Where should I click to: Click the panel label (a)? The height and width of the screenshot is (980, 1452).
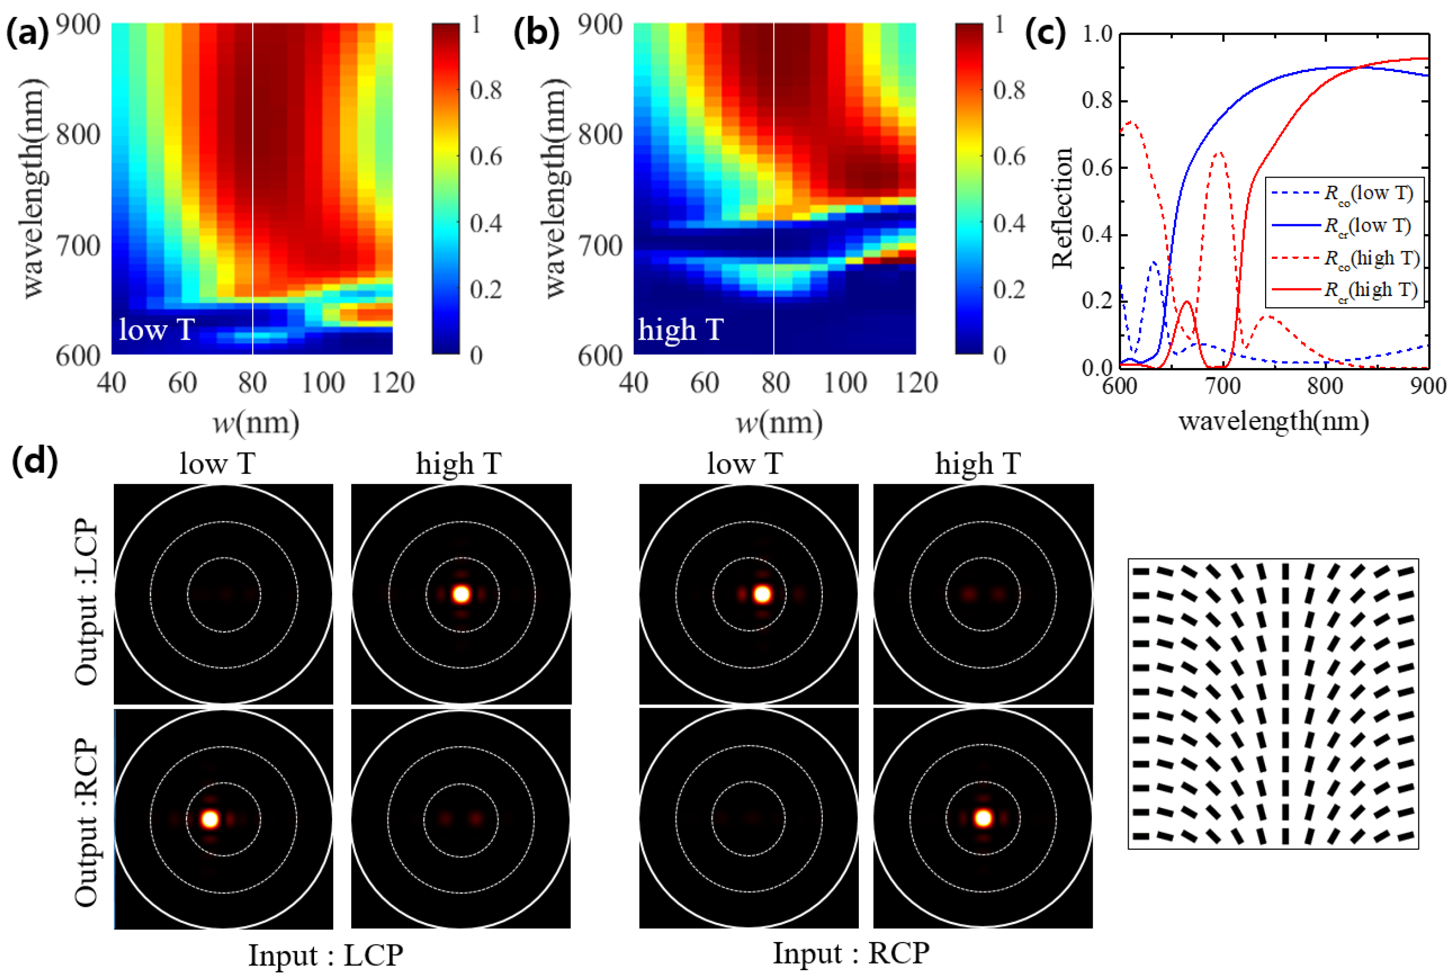coord(27,32)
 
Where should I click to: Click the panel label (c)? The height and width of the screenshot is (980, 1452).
coord(1045,32)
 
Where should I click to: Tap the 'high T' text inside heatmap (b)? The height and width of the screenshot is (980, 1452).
coord(680,329)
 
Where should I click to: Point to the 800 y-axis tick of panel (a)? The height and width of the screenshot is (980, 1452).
coord(78,134)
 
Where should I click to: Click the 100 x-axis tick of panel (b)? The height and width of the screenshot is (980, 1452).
coord(845,382)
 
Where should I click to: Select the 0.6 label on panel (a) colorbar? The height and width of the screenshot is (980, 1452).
coord(486,156)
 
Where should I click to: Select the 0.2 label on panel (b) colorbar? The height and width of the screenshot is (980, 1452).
coord(1009,290)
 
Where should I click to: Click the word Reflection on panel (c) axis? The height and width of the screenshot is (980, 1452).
coord(1062,208)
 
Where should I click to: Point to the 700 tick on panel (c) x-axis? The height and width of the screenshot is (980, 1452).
coord(1222,386)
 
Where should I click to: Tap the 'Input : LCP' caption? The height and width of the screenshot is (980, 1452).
coord(325,955)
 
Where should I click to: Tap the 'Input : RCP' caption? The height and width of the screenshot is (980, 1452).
coord(851,953)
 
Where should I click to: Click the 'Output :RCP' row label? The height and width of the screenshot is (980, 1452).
coord(86,821)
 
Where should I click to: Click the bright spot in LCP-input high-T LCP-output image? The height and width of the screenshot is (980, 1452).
coord(461,594)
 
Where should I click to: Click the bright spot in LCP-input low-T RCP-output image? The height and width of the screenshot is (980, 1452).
coord(211,819)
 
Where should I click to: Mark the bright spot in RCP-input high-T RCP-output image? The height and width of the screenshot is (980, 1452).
coord(983,818)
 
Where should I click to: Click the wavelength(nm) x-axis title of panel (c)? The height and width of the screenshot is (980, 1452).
coord(1273,421)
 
